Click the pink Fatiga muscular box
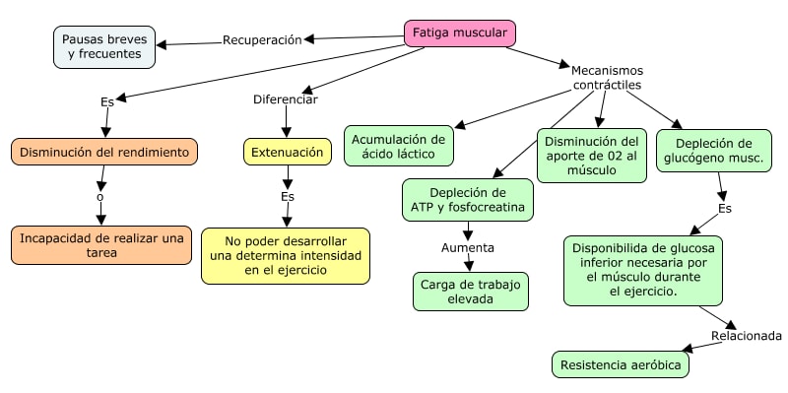click(460, 33)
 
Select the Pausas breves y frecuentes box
click(104, 47)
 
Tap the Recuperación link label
click(262, 40)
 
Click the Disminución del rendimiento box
click(104, 152)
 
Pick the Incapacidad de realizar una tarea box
click(101, 245)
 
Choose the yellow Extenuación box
click(288, 152)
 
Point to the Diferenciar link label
click(286, 99)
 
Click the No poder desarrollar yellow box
click(286, 256)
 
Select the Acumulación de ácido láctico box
click(399, 146)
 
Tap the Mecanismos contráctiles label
click(607, 78)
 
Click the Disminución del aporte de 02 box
click(592, 156)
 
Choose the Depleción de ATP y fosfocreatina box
click(467, 200)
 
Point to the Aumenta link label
click(468, 248)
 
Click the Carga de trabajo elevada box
click(471, 292)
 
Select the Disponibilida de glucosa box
click(643, 271)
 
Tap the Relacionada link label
click(747, 336)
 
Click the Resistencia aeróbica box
click(621, 364)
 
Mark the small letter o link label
click(100, 197)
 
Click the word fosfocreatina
click(486, 207)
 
